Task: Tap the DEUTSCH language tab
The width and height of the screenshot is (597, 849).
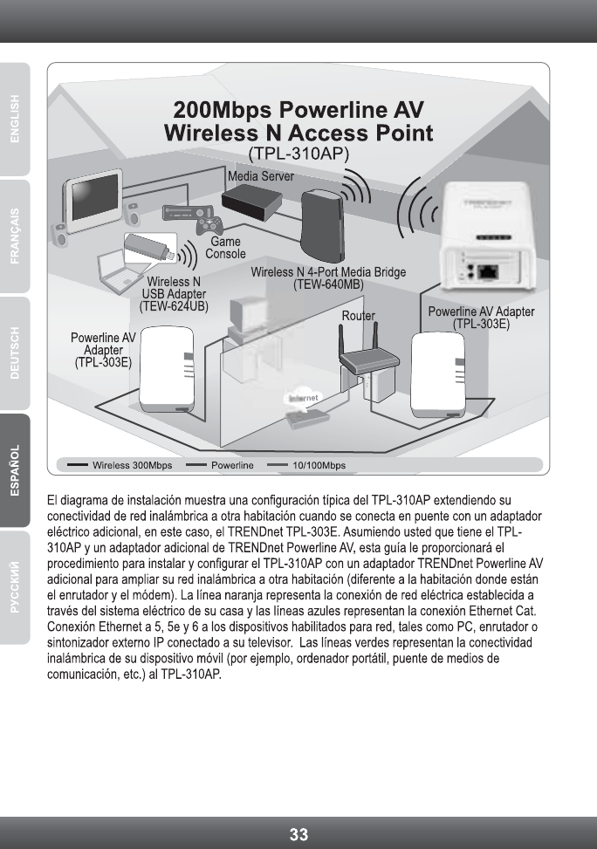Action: (x=17, y=353)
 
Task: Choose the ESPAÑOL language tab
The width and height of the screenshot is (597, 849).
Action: (x=17, y=470)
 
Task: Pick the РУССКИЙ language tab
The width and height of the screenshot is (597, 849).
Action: (x=17, y=586)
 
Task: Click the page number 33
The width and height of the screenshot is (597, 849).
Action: (x=298, y=834)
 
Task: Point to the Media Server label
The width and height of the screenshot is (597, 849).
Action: (x=260, y=175)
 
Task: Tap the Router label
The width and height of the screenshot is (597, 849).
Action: (x=358, y=316)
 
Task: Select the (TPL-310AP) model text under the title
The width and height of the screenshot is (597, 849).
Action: (x=298, y=154)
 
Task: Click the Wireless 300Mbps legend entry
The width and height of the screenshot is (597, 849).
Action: (x=132, y=465)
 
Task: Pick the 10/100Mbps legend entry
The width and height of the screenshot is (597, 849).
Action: (x=318, y=465)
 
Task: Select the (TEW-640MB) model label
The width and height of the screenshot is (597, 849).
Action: (x=328, y=284)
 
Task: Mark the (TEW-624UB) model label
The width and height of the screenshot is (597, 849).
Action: (x=174, y=306)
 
